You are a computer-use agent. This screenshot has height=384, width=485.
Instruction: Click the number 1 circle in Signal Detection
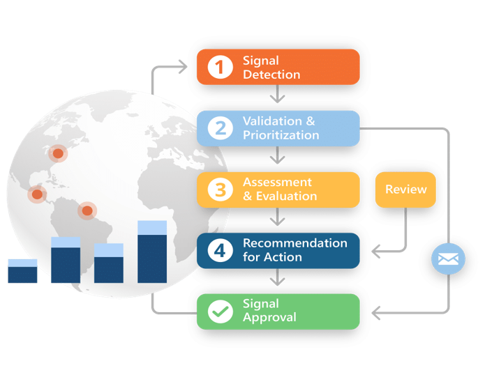click(x=221, y=67)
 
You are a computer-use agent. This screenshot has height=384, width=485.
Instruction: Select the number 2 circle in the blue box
click(x=221, y=128)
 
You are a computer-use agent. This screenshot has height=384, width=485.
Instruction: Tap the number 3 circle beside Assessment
click(x=221, y=190)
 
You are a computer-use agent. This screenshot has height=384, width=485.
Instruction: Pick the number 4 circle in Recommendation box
click(x=221, y=251)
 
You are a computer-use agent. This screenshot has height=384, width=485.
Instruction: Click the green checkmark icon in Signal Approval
click(x=221, y=312)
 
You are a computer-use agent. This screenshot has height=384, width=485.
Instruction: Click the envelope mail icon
click(x=448, y=259)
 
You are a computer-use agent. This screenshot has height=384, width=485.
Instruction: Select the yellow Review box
click(x=405, y=190)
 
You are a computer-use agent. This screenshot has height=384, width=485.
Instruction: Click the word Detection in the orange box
click(x=271, y=75)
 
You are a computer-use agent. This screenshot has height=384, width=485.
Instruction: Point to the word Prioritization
click(x=281, y=135)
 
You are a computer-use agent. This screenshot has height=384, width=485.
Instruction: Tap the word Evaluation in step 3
click(x=286, y=196)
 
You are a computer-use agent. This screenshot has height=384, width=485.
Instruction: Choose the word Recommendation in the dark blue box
click(x=295, y=243)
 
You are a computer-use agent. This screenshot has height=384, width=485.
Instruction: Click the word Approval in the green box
click(x=270, y=318)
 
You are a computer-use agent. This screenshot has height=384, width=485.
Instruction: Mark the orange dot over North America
click(x=58, y=153)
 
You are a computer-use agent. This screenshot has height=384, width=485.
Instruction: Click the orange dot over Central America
click(x=37, y=194)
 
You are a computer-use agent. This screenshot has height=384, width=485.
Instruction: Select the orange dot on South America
click(x=87, y=210)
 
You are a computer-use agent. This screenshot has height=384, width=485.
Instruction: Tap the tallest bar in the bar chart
click(x=152, y=252)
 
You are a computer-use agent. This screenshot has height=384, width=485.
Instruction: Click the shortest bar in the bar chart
click(x=22, y=271)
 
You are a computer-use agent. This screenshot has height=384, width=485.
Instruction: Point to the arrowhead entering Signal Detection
click(x=183, y=67)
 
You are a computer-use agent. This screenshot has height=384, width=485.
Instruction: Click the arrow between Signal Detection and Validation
click(x=278, y=93)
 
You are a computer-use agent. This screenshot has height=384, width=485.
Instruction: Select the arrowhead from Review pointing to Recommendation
click(x=376, y=252)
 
